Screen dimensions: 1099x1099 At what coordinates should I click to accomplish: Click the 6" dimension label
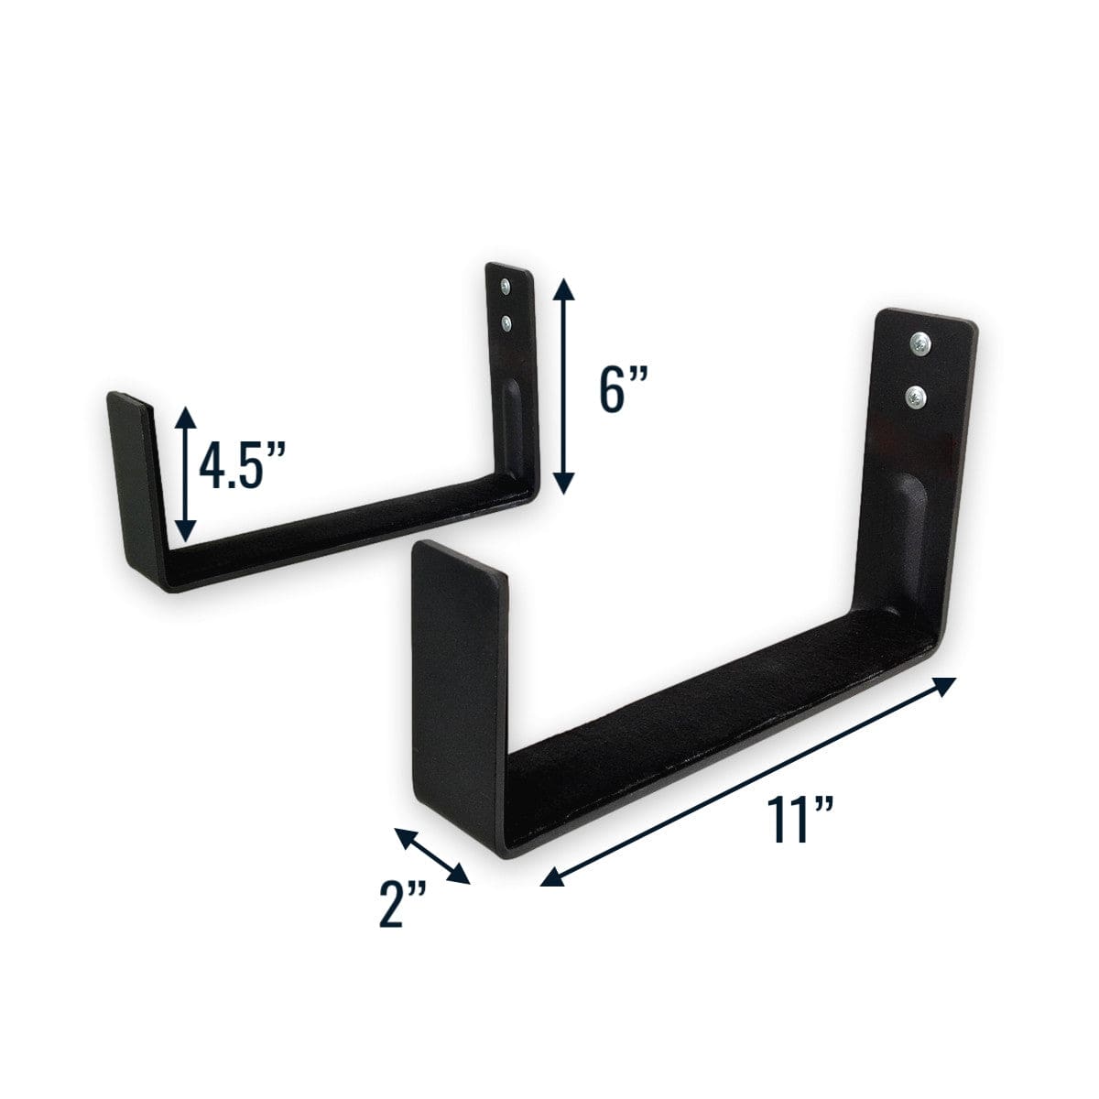(x=618, y=392)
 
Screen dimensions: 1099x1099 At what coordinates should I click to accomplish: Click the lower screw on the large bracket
(x=916, y=397)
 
